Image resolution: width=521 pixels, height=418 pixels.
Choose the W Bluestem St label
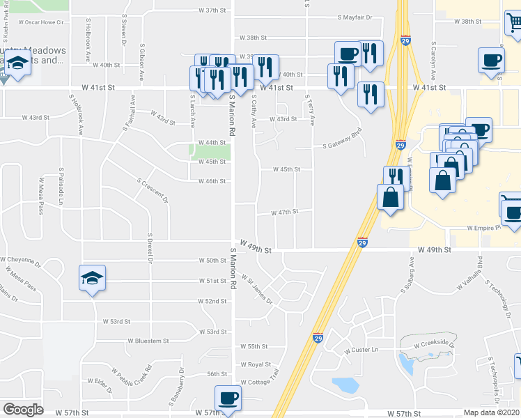(148, 341)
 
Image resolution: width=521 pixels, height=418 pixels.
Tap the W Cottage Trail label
(258, 382)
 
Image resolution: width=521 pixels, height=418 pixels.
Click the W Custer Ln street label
(360, 350)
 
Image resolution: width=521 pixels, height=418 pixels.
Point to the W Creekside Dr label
(433, 344)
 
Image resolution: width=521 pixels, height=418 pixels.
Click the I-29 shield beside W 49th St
(362, 242)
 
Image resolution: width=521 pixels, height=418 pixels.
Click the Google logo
(22, 410)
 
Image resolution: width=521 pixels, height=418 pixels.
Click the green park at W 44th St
(211, 151)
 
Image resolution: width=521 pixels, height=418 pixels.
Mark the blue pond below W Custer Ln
(345, 384)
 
